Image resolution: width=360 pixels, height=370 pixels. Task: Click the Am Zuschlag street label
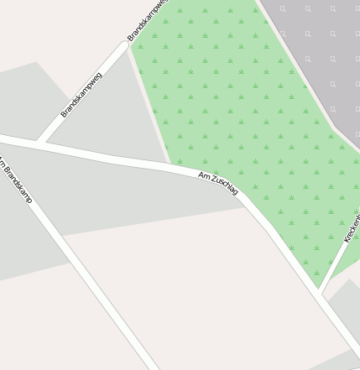click(x=218, y=184)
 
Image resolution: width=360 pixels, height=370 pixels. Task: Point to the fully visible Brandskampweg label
click(x=81, y=95)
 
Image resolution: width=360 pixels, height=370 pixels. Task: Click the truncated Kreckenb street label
click(x=351, y=228)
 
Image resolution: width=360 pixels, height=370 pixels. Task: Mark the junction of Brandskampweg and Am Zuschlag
click(x=41, y=143)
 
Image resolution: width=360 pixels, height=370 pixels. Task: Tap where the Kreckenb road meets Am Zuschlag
click(x=321, y=293)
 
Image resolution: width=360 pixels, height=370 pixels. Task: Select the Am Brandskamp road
click(x=84, y=277)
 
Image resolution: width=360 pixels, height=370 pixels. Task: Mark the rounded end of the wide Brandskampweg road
click(x=128, y=44)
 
